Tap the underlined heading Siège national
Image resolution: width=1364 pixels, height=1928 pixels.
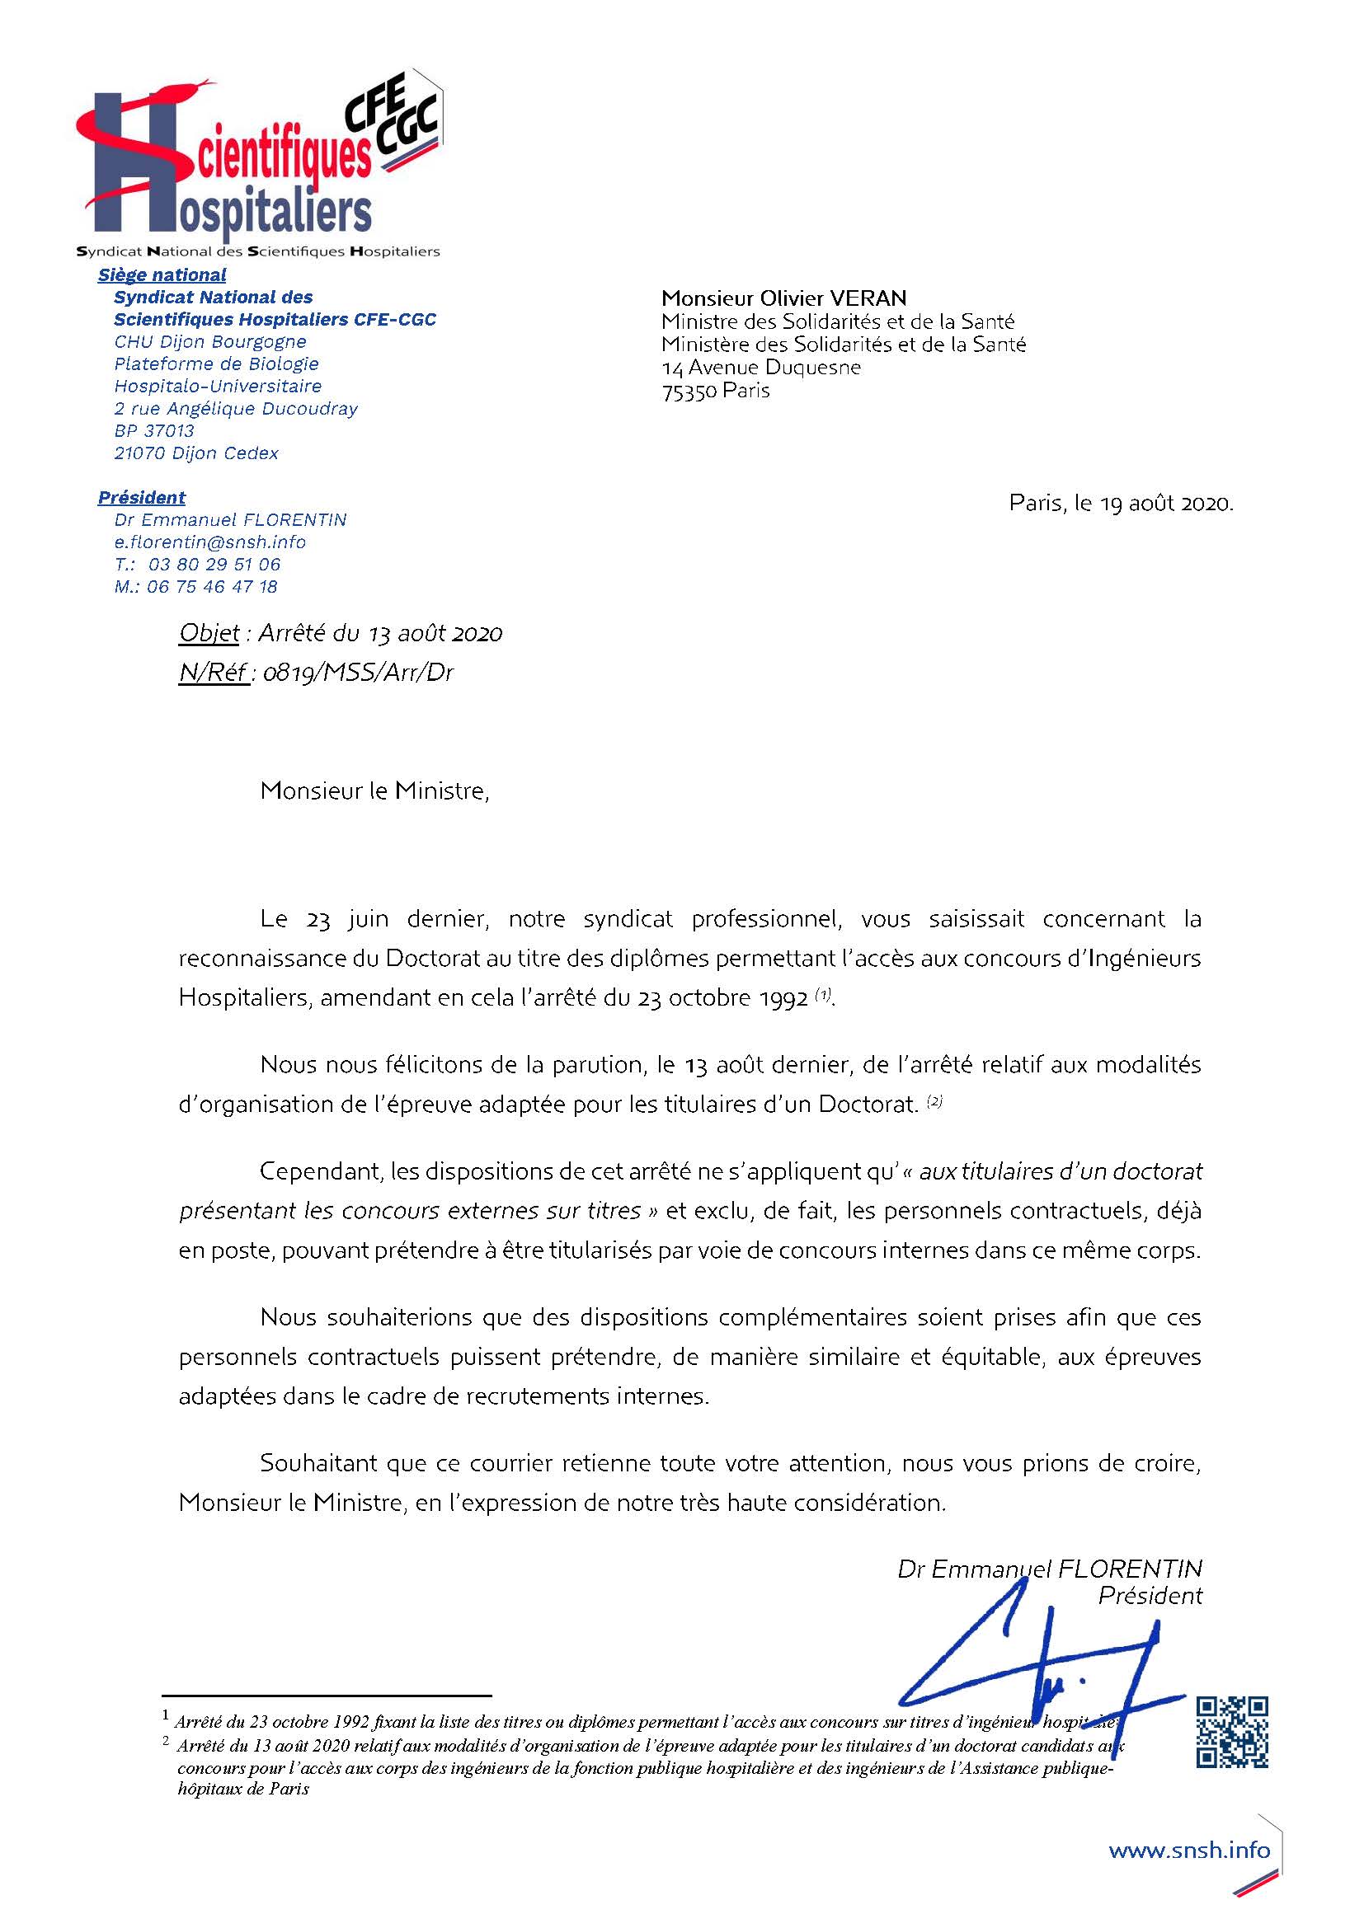(x=162, y=274)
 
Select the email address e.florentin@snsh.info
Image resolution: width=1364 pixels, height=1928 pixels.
(x=210, y=542)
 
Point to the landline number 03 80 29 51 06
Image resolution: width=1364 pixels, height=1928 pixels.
(x=214, y=565)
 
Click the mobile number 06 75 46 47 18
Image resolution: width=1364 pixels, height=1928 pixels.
(x=212, y=586)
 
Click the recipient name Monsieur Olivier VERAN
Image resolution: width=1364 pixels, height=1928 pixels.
(x=783, y=298)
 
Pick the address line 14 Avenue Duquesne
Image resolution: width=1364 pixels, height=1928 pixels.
(x=761, y=367)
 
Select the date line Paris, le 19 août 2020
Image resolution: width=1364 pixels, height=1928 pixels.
(x=1121, y=503)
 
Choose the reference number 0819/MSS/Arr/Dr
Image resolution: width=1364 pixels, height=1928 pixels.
(x=358, y=673)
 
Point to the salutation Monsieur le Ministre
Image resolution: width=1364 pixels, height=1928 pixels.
(x=374, y=790)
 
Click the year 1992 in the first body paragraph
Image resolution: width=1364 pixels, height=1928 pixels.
(x=781, y=998)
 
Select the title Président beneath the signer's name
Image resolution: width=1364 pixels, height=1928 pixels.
(x=1150, y=1596)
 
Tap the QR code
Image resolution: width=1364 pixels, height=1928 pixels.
(x=1232, y=1733)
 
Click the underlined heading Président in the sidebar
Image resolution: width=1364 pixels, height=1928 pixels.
(x=141, y=497)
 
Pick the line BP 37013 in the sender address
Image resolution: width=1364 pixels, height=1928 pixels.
(x=154, y=431)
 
